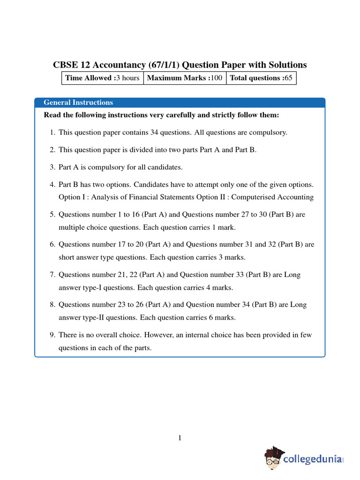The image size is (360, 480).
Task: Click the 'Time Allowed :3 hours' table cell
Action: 102,78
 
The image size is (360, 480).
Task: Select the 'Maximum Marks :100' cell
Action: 185,78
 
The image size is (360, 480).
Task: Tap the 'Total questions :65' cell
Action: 261,78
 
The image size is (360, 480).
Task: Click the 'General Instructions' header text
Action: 78,102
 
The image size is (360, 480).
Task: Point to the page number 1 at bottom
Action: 180,438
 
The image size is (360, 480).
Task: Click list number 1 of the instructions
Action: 52,132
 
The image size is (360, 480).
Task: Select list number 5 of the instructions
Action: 52,214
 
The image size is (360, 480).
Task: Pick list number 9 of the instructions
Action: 52,335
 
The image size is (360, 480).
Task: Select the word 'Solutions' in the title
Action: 285,65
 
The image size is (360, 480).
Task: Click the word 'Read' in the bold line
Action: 52,115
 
